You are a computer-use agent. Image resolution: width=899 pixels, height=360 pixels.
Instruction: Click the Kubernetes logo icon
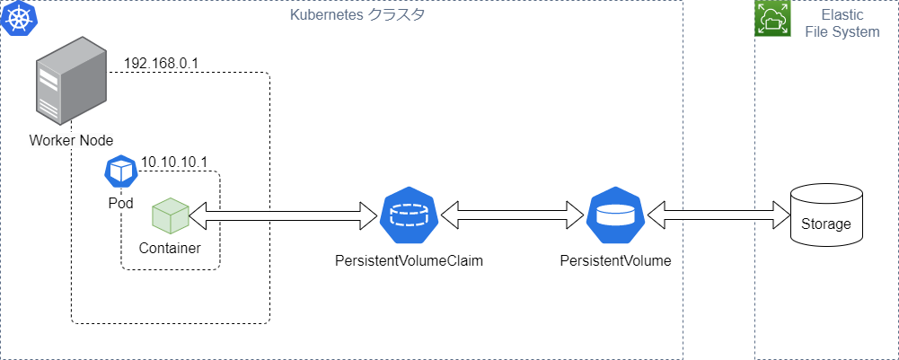[19, 18]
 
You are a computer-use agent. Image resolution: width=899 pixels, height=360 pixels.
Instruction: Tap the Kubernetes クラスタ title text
[357, 14]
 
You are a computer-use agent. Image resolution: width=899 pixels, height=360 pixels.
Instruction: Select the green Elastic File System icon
[772, 18]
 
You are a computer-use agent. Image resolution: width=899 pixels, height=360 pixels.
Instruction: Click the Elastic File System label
[842, 23]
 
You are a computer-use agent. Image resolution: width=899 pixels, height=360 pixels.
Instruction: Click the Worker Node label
[72, 140]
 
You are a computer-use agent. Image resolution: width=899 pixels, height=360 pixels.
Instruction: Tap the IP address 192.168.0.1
[161, 63]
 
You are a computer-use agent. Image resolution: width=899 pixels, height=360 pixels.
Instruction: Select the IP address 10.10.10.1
[173, 162]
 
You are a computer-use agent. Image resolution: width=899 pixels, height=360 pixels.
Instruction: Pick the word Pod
[121, 203]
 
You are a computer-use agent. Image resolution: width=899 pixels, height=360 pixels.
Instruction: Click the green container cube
[171, 215]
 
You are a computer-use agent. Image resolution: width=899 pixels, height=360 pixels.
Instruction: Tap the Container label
[171, 248]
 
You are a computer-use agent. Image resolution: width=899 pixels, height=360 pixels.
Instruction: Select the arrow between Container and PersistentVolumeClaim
[282, 216]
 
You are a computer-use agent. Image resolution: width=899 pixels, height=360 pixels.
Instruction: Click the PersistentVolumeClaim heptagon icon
[410, 216]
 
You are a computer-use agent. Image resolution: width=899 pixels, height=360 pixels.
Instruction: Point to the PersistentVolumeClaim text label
[410, 261]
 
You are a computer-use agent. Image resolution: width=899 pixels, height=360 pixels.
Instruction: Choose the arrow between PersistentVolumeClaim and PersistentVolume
[512, 216]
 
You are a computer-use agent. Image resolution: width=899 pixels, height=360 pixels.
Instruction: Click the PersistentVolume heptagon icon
[616, 216]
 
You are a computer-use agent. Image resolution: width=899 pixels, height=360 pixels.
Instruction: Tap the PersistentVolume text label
[616, 261]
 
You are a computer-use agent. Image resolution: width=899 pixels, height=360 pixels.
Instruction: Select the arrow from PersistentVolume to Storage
[718, 216]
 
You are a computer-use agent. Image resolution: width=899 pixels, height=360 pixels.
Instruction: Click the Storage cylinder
[826, 216]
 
